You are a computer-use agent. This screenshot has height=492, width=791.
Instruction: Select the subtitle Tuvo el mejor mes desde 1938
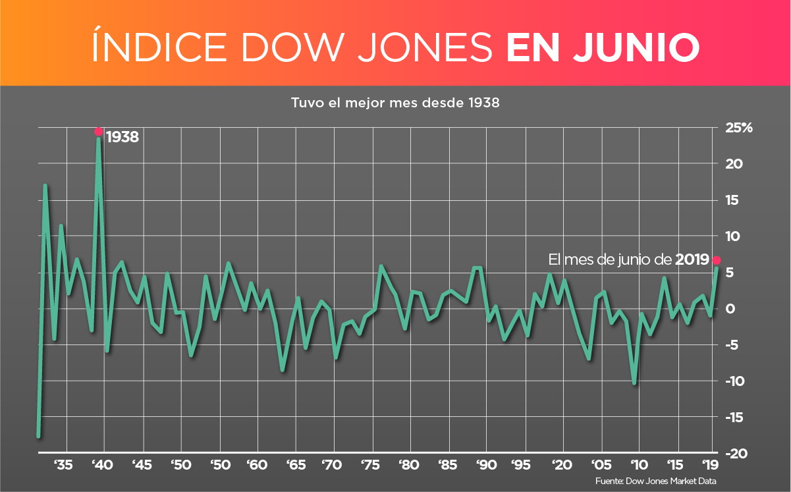tap(395, 103)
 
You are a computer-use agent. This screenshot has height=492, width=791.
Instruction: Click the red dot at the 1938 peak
tap(99, 131)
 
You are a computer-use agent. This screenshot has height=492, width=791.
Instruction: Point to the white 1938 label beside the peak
tap(123, 137)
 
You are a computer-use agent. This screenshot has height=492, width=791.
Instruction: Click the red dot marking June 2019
tap(717, 260)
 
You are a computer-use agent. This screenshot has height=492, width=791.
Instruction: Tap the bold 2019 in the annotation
tap(692, 260)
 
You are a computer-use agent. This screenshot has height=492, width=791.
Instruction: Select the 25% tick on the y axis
tap(738, 128)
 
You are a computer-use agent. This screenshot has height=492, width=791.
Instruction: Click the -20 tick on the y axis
tap(735, 454)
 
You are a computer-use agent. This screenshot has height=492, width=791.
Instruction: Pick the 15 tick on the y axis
tap(731, 200)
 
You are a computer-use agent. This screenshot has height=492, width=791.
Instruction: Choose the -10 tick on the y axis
tap(735, 381)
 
